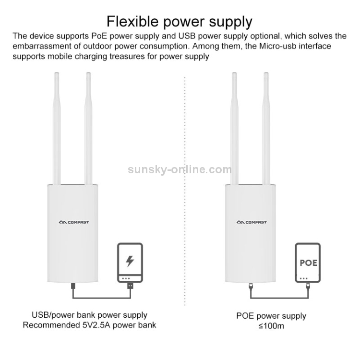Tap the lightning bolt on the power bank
pyautogui.click(x=130, y=262)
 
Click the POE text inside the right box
pyautogui.click(x=308, y=263)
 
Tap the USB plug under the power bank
pyautogui.click(x=130, y=286)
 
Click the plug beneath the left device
pyautogui.click(x=73, y=287)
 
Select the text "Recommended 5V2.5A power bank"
pyautogui.click(x=89, y=325)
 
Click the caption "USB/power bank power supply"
pyautogui.click(x=89, y=315)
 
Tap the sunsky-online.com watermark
pyautogui.click(x=180, y=169)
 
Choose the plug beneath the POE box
pyautogui.click(x=308, y=287)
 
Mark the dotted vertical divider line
pyautogui.click(x=185, y=192)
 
